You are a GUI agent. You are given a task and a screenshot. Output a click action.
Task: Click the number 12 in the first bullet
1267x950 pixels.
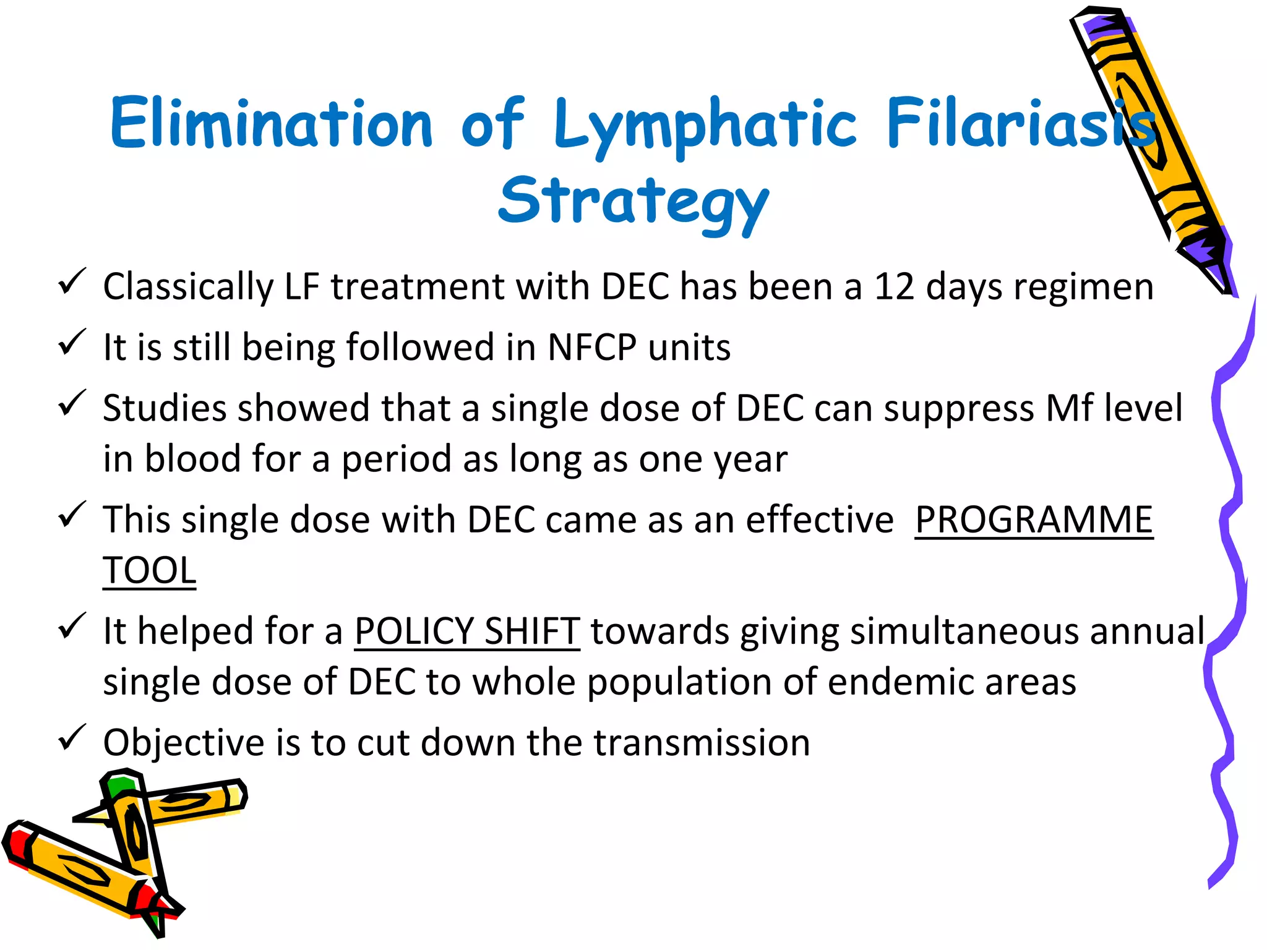[x=893, y=287]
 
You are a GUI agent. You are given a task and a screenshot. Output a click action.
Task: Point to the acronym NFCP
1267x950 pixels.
[x=591, y=347]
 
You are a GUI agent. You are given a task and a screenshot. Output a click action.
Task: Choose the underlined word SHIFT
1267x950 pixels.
[x=532, y=631]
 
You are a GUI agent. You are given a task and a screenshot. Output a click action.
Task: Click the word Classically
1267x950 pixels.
[x=188, y=287]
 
